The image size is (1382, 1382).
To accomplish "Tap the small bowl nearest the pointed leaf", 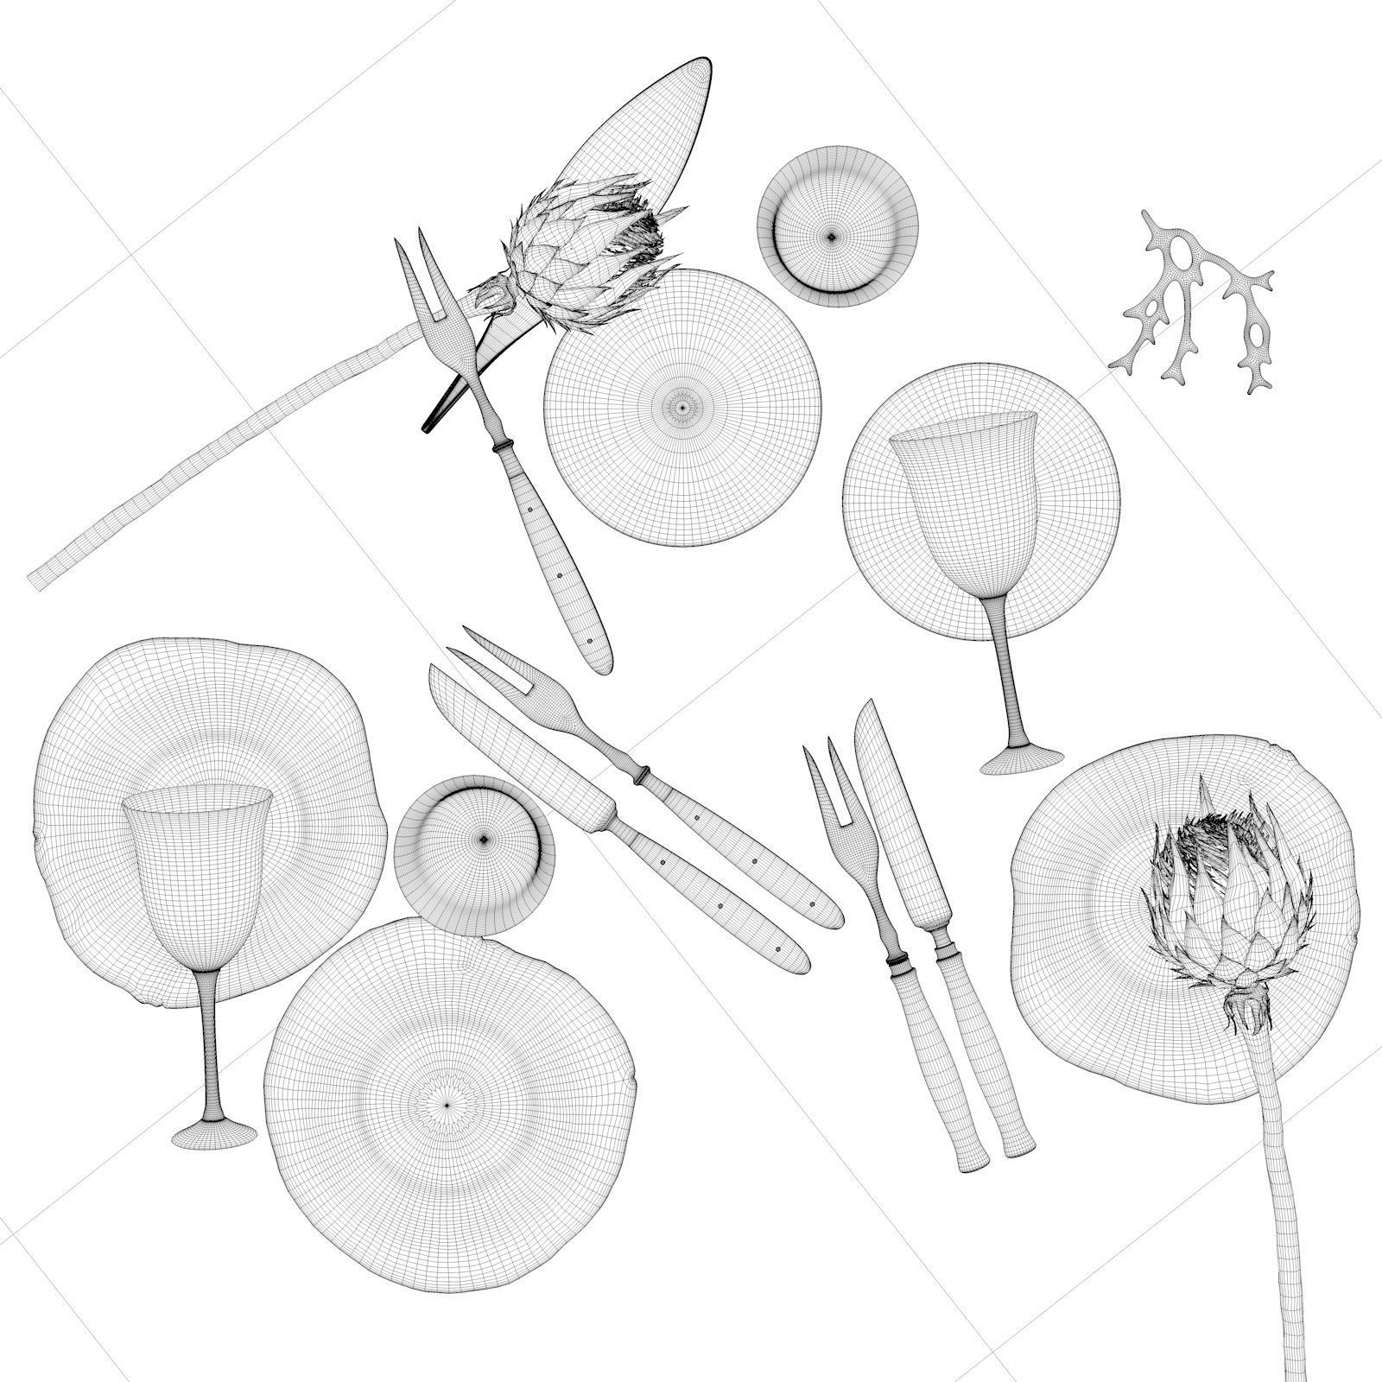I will click(x=837, y=225).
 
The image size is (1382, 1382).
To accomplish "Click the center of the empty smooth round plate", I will click(x=682, y=406).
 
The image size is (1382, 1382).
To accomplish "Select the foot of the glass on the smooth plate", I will click(x=1023, y=759).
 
